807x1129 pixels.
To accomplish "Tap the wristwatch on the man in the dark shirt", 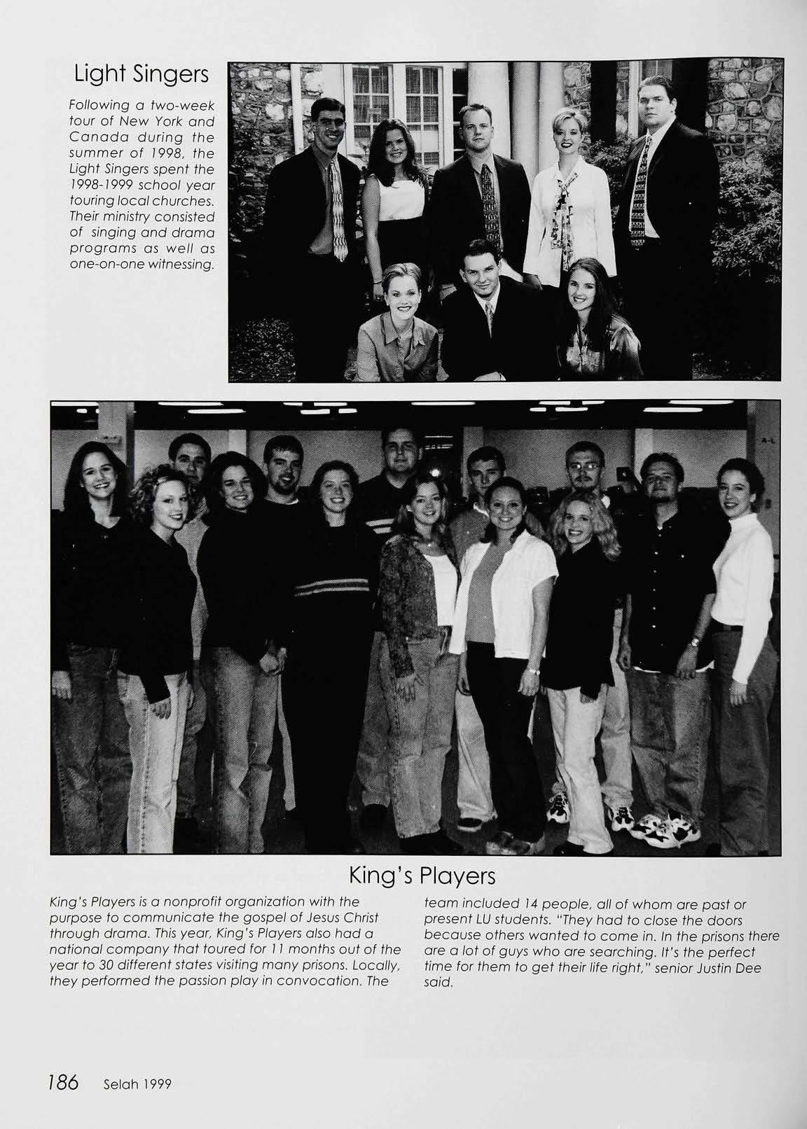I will coord(694,642).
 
